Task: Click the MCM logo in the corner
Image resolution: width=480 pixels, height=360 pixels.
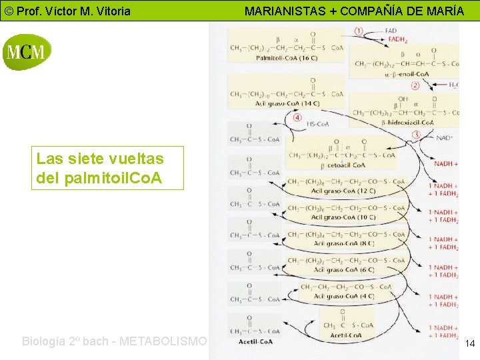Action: tap(27, 52)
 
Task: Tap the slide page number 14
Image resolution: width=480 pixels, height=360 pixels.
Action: tap(469, 343)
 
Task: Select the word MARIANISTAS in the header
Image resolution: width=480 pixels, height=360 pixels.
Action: tap(283, 11)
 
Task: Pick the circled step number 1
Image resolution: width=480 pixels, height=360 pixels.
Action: tap(359, 31)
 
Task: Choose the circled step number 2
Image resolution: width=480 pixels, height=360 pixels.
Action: tap(415, 85)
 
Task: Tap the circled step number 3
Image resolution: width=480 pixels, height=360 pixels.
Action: tap(417, 134)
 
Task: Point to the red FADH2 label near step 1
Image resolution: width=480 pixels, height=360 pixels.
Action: tap(397, 39)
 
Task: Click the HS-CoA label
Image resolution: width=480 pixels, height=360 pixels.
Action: tap(317, 124)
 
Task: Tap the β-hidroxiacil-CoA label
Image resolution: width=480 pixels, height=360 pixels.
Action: tap(408, 122)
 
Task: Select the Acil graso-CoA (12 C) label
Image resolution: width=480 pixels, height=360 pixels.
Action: tap(343, 191)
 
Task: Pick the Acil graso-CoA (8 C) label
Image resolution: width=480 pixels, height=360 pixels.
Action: tap(343, 243)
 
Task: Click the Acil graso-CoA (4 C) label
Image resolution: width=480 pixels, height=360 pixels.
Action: tap(343, 296)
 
